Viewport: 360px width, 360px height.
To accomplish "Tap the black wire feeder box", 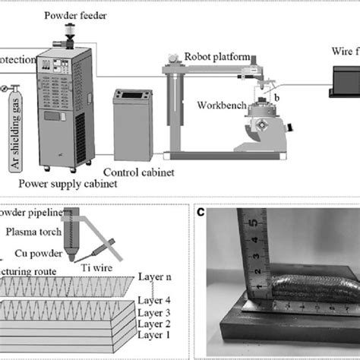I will tap(346, 81).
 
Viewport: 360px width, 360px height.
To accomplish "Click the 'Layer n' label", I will tap(159, 279).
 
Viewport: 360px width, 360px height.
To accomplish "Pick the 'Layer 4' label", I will tap(159, 300).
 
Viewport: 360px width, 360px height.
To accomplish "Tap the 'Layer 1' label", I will tap(159, 331).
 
